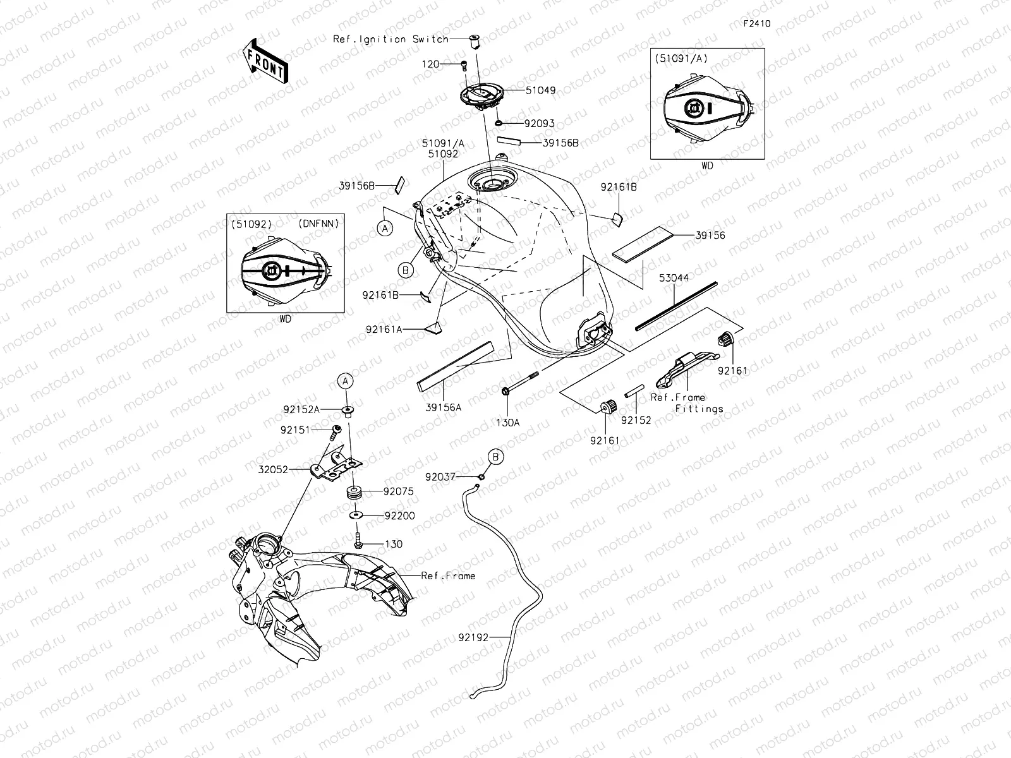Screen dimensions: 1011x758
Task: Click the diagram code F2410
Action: tap(757, 23)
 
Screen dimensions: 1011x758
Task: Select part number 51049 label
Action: tap(541, 90)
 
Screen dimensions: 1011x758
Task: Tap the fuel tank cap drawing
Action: tap(482, 97)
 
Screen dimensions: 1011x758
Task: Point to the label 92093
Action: tap(540, 123)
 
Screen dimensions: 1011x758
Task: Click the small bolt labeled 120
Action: tap(464, 66)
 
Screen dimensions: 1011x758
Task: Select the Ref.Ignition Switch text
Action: tap(390, 39)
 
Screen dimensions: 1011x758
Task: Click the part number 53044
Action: tap(674, 277)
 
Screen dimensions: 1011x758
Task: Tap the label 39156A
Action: tap(443, 407)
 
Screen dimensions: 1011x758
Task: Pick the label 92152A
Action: tap(301, 409)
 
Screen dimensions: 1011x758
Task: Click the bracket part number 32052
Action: tap(273, 469)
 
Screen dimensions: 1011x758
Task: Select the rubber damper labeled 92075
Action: tap(354, 492)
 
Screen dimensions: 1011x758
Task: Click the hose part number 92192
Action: tap(473, 637)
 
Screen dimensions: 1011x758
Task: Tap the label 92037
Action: tap(440, 478)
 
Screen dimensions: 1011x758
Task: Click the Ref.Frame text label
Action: tap(448, 575)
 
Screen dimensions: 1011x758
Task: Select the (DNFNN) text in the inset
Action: tap(318, 224)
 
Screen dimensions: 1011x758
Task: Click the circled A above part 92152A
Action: tap(346, 381)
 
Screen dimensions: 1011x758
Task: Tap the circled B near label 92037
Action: tap(495, 457)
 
